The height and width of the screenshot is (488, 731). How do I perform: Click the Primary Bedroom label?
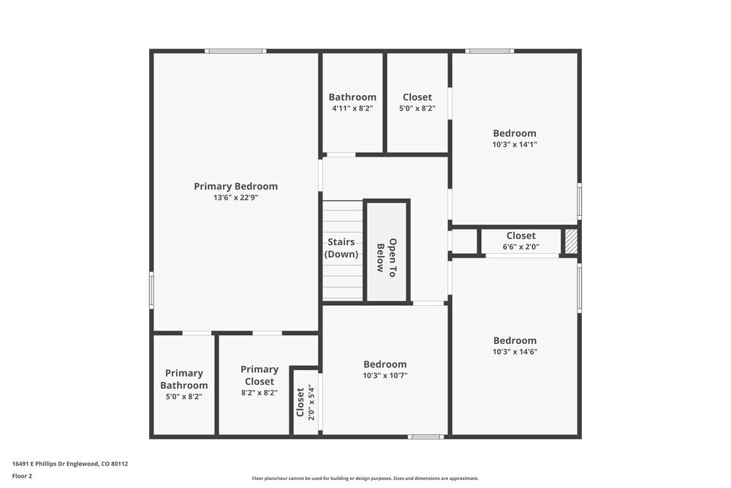tap(235, 186)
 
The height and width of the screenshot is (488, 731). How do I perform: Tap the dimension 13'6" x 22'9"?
tap(235, 198)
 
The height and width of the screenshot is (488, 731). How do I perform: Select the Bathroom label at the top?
tap(352, 97)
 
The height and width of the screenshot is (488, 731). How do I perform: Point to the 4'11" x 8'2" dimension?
tap(352, 108)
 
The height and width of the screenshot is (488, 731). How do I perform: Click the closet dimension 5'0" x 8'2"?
tap(417, 108)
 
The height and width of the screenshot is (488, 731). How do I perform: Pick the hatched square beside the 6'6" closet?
tap(571, 241)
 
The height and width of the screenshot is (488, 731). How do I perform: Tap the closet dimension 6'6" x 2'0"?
tap(520, 247)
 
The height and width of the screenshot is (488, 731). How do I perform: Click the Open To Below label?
tap(386, 255)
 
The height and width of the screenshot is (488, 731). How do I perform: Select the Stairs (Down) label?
tap(341, 248)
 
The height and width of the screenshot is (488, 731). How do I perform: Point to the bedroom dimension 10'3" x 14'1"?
tap(515, 145)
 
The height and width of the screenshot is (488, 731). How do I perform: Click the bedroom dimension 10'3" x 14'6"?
tap(515, 351)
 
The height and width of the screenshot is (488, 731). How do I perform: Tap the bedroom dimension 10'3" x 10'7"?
tap(385, 375)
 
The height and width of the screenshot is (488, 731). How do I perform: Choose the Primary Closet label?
tap(260, 375)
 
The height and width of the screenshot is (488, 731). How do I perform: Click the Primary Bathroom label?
tap(184, 379)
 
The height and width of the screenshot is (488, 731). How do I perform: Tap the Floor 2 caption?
tap(22, 476)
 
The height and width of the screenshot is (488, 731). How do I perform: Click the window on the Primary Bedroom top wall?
tap(235, 50)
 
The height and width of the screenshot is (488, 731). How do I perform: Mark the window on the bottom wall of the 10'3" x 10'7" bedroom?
tap(425, 437)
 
